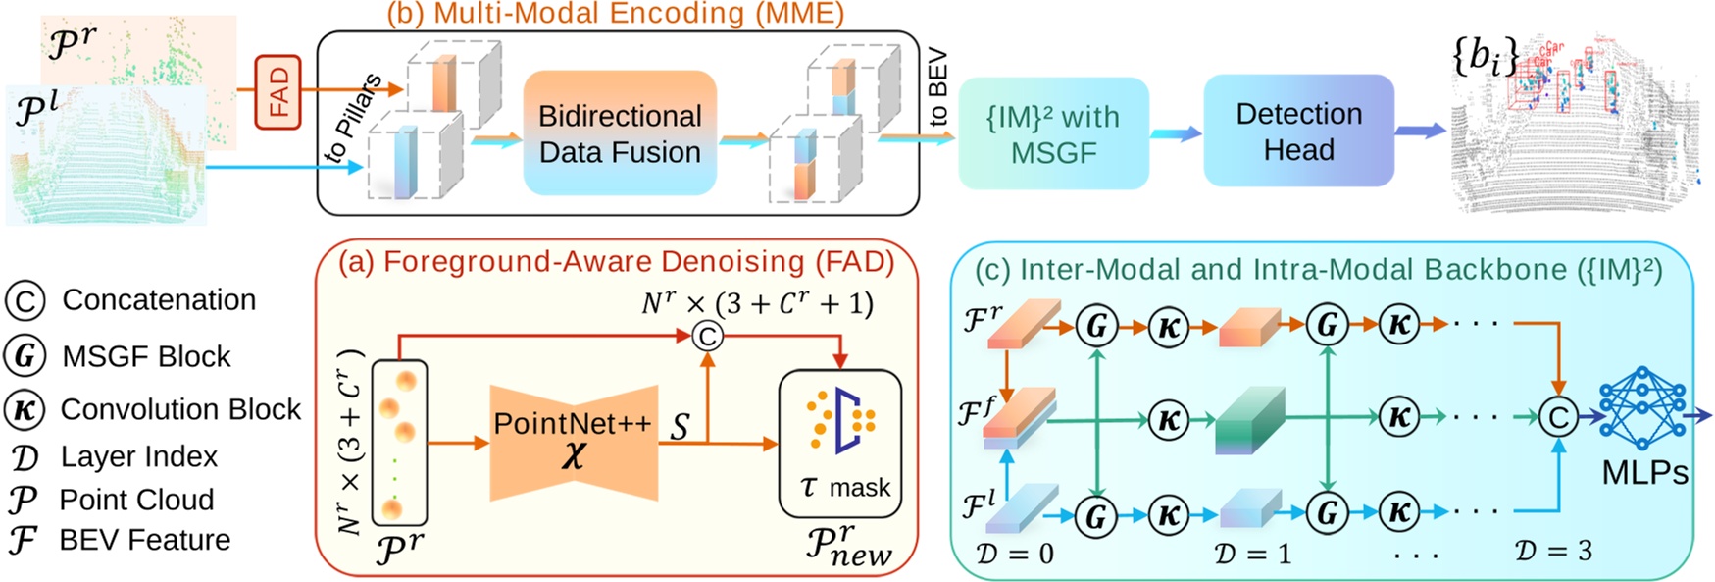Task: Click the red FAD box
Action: pyautogui.click(x=277, y=92)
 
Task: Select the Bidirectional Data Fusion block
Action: pyautogui.click(x=620, y=133)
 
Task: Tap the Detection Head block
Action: pyautogui.click(x=1298, y=131)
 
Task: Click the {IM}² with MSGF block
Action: pyautogui.click(x=1053, y=133)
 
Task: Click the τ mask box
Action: pyautogui.click(x=839, y=443)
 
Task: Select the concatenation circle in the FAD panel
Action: pyautogui.click(x=707, y=336)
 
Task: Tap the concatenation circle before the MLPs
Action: pyautogui.click(x=1557, y=417)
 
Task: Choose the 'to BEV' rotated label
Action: pyautogui.click(x=937, y=87)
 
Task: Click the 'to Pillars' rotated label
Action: pyautogui.click(x=352, y=117)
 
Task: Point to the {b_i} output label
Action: pyautogui.click(x=1485, y=56)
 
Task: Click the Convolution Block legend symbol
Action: pyautogui.click(x=25, y=409)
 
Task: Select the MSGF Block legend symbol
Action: pyautogui.click(x=25, y=356)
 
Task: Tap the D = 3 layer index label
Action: pyautogui.click(x=1553, y=551)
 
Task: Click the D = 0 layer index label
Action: pyautogui.click(x=1015, y=554)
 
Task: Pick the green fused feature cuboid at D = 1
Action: pyautogui.click(x=1248, y=420)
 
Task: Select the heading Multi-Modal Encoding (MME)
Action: pyautogui.click(x=615, y=13)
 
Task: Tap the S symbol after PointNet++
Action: pyautogui.click(x=680, y=426)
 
